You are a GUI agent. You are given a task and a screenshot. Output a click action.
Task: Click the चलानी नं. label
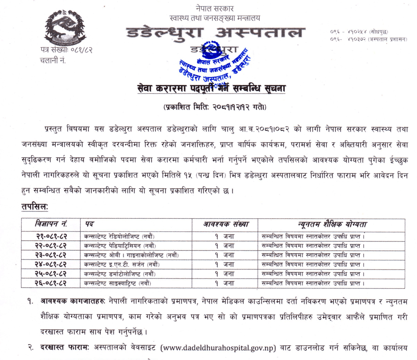(x=54, y=61)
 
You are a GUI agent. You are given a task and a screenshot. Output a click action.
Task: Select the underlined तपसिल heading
(x=35, y=207)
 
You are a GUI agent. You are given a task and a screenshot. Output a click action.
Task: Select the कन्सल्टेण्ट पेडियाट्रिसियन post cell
(x=120, y=245)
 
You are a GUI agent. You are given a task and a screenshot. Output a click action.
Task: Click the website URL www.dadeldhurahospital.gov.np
(x=218, y=347)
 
